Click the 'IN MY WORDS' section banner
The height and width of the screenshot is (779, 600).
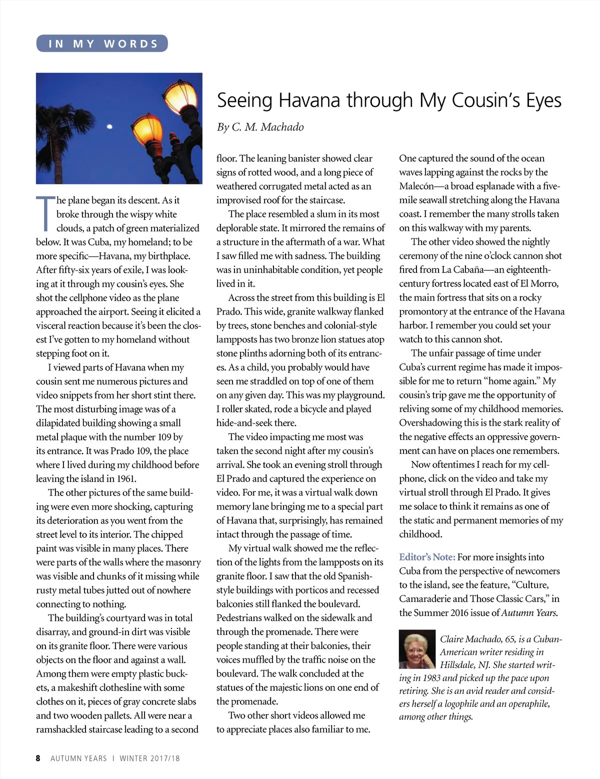click(x=102, y=44)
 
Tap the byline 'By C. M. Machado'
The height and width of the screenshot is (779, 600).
click(x=260, y=127)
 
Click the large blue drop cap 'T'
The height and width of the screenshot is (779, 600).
click(x=45, y=213)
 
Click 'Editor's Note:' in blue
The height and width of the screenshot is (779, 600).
click(x=427, y=557)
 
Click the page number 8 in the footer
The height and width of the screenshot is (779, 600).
click(x=38, y=758)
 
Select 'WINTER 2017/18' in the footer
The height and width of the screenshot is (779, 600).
click(x=149, y=758)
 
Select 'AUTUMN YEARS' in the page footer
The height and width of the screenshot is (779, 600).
click(x=78, y=758)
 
